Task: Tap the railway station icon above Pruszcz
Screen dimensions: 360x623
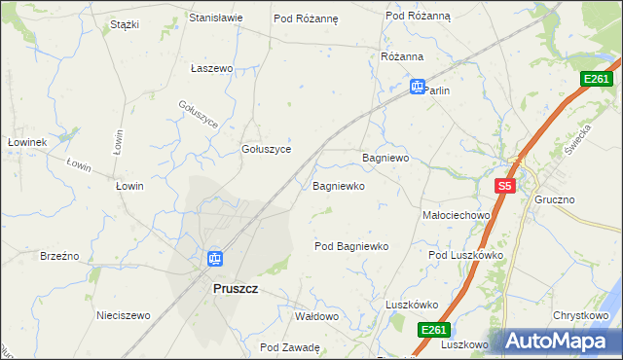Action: coord(215,259)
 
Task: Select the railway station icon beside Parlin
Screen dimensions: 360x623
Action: coord(417,87)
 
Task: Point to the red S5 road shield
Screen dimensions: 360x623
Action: coord(503,186)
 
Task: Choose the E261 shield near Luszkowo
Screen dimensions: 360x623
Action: coord(435,331)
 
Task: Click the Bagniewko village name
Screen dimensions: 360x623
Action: coord(339,185)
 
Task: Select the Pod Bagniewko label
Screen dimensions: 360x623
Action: coord(351,246)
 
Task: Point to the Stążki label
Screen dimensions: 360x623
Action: coord(125,23)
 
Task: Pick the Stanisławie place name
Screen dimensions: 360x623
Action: coord(215,18)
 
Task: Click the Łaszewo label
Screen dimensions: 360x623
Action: coord(212,69)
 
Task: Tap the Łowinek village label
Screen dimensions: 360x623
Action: coord(27,142)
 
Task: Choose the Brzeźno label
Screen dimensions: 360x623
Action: coord(59,256)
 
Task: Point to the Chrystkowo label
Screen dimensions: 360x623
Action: coord(581,316)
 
